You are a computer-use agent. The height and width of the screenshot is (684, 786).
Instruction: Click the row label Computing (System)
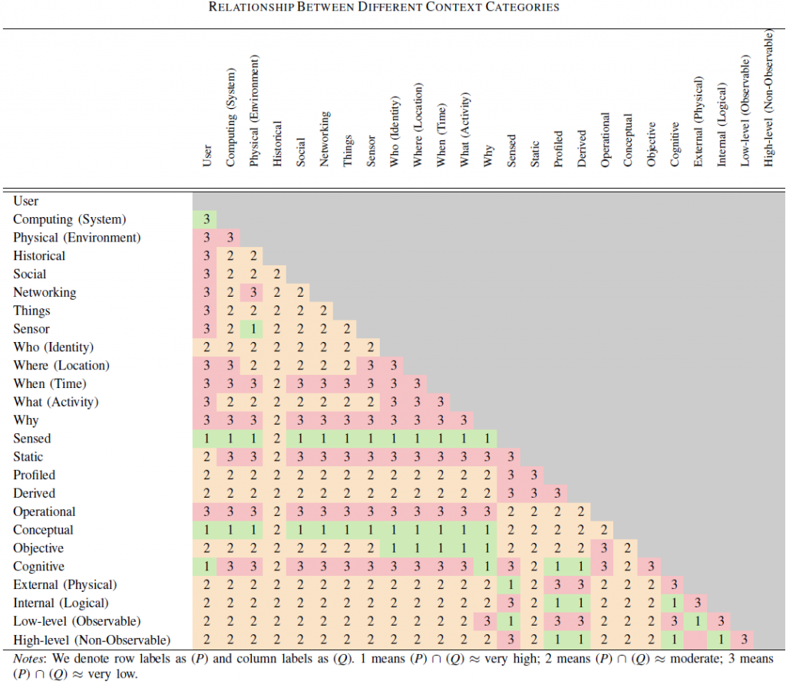pos(70,219)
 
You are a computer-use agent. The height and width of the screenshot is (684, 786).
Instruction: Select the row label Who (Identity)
pos(54,347)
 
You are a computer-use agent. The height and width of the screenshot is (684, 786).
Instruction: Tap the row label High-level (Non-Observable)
pos(91,640)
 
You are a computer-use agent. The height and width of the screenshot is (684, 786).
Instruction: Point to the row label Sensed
pos(32,439)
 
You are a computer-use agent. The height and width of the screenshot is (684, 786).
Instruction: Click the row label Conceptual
pos(43,530)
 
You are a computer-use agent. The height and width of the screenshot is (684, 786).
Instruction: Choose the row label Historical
pos(39,256)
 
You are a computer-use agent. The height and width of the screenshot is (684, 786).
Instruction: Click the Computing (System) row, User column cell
pos(206,219)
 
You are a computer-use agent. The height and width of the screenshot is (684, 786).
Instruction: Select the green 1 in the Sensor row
pos(253,329)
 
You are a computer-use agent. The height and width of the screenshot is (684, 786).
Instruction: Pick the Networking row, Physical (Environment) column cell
pos(253,292)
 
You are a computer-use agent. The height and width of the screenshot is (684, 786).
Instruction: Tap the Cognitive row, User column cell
pos(206,567)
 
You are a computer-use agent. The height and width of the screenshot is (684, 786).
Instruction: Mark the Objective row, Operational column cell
pos(604,548)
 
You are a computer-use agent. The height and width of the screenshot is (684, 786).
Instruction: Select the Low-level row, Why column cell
pos(487,621)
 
